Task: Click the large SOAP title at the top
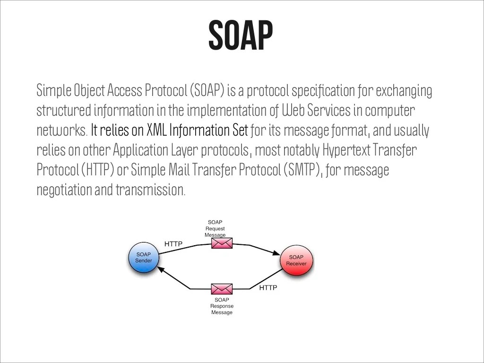(241, 35)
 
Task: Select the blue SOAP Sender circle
(144, 258)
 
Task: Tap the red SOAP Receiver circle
(296, 260)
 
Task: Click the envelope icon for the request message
(222, 243)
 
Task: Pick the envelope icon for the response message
(222, 288)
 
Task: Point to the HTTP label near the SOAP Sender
(173, 244)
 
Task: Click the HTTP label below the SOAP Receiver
(268, 287)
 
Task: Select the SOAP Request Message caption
(215, 228)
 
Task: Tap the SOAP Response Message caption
(222, 306)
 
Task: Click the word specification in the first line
(322, 90)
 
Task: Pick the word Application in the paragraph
(140, 150)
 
